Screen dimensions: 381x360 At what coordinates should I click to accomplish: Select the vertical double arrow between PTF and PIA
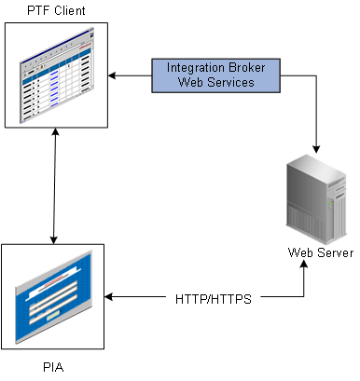coord(56,186)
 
